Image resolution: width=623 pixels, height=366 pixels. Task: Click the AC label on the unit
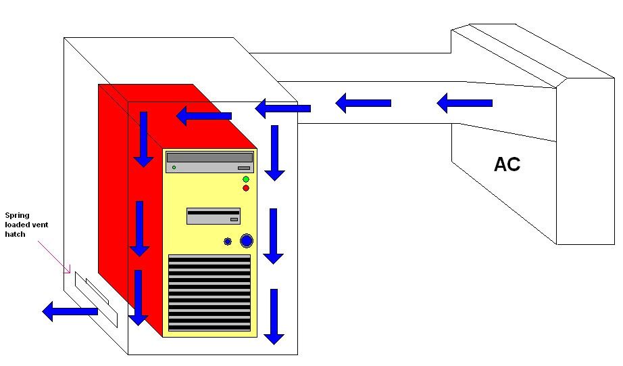click(x=507, y=164)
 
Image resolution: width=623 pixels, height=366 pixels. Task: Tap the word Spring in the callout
click(x=17, y=216)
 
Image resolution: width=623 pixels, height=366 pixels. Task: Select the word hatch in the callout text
click(x=15, y=234)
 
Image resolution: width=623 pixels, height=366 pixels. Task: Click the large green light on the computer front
click(x=246, y=179)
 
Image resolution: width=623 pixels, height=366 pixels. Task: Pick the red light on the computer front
click(x=246, y=188)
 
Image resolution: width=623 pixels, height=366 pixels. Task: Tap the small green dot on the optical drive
click(x=174, y=168)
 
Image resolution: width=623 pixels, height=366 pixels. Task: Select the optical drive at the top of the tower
click(x=209, y=162)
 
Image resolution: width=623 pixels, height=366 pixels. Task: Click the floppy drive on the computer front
click(x=214, y=216)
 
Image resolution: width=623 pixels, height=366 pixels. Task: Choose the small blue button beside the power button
click(x=228, y=241)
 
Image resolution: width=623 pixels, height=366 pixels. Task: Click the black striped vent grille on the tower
click(x=209, y=293)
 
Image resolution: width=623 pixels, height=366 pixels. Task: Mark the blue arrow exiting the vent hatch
click(x=70, y=311)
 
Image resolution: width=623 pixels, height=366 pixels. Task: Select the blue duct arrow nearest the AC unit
click(x=464, y=103)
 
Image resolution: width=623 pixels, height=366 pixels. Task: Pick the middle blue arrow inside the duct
click(x=363, y=103)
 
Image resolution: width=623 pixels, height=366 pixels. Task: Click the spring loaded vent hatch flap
click(x=97, y=299)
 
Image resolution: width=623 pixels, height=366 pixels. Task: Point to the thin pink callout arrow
click(x=54, y=256)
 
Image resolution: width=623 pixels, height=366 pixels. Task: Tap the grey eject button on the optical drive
click(x=244, y=168)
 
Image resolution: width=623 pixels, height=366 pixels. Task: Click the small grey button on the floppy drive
click(x=234, y=220)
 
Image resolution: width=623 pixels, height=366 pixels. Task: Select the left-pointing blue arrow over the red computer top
click(x=203, y=116)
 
